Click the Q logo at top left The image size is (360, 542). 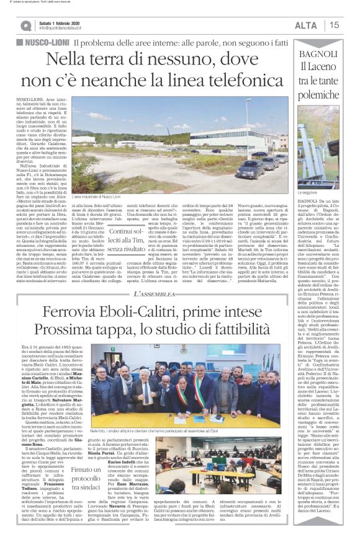click(25, 25)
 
